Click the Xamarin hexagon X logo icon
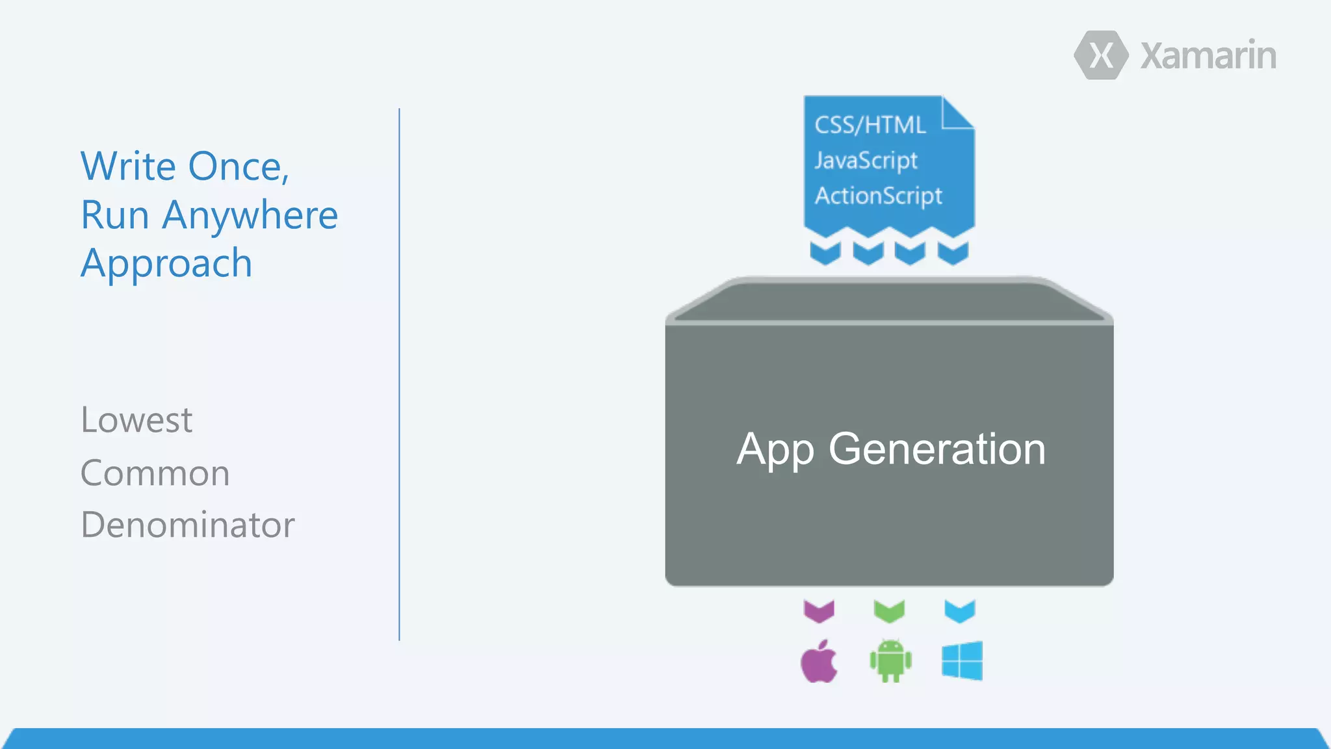[x=1101, y=55]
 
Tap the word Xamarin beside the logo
[x=1208, y=56]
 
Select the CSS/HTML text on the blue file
[x=870, y=125]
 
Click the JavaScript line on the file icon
[x=866, y=161]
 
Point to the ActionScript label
[x=878, y=196]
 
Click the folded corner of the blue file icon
[x=956, y=114]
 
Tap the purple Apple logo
[x=819, y=662]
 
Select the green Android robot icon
[x=890, y=661]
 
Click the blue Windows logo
[x=962, y=661]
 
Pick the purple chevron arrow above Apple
[x=819, y=611]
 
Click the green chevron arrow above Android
[x=889, y=611]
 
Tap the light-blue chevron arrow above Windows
[x=960, y=611]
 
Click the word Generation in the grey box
[x=937, y=449]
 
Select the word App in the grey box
[x=775, y=451]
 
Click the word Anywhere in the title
[x=250, y=216]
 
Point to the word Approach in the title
[x=166, y=264]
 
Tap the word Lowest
[x=136, y=420]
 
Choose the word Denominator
[x=187, y=525]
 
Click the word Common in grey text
[x=155, y=473]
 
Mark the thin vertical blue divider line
[x=399, y=374]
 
